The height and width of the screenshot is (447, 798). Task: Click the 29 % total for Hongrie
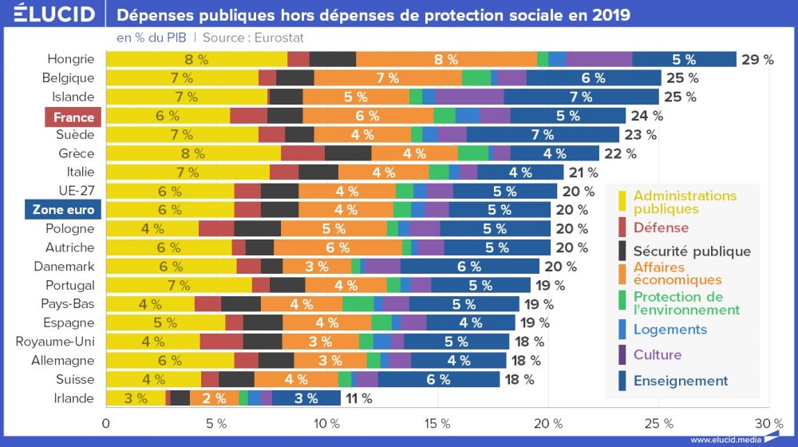tap(757, 59)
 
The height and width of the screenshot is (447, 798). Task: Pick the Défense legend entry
tap(661, 227)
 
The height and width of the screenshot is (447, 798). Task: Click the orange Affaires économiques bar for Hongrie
tap(446, 59)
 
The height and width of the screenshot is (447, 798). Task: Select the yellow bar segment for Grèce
tap(193, 153)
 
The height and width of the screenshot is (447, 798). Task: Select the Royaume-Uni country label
tap(55, 342)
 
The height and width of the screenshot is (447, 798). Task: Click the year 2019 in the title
tap(606, 15)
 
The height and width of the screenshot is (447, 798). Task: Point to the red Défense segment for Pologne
tap(216, 228)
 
